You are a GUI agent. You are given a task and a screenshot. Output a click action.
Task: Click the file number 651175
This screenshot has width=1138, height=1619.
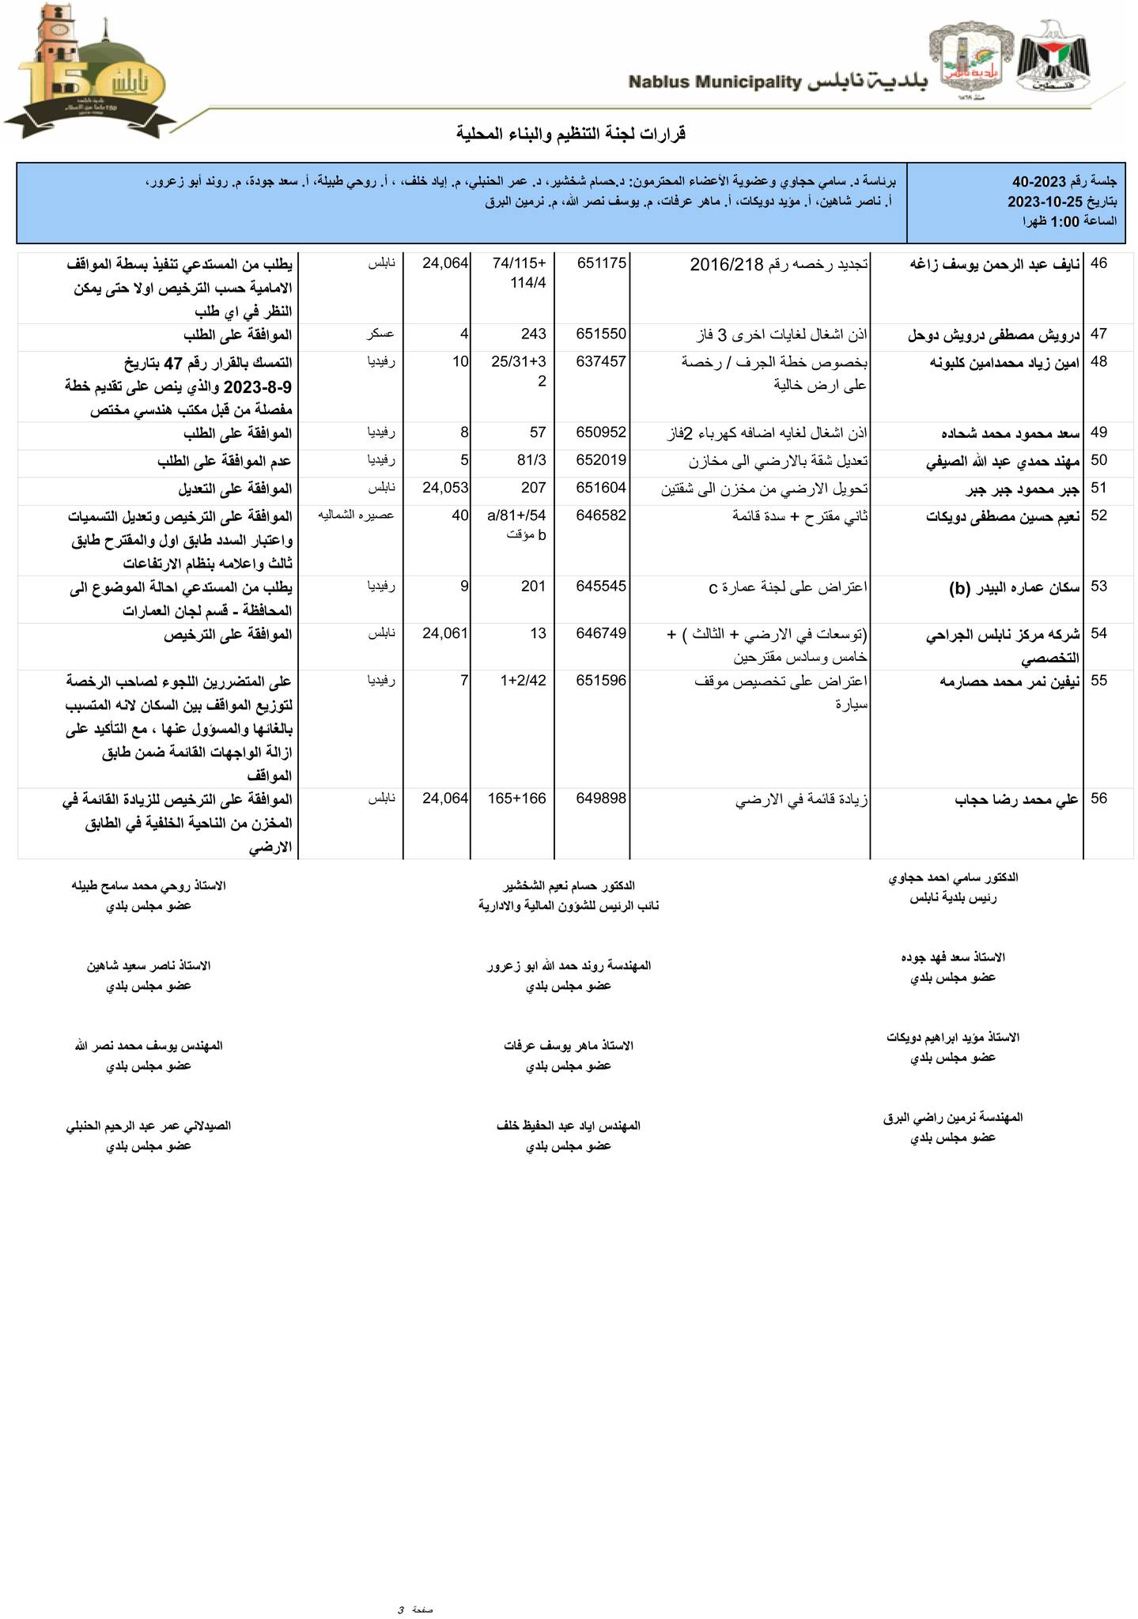(x=602, y=263)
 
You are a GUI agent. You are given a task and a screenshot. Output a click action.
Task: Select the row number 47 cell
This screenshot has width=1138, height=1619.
(x=1099, y=334)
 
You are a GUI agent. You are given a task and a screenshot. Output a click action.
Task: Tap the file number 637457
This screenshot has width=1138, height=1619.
(x=602, y=362)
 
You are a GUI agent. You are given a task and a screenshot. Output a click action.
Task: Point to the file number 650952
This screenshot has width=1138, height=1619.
(x=602, y=432)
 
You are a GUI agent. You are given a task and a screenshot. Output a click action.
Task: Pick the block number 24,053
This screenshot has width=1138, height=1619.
(x=446, y=488)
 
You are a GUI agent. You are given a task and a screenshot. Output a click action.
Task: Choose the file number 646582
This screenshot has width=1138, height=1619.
(x=602, y=515)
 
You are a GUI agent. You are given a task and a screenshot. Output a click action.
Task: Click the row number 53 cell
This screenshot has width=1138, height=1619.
(x=1099, y=587)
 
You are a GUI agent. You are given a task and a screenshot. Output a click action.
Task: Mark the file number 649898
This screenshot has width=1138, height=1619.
(x=602, y=798)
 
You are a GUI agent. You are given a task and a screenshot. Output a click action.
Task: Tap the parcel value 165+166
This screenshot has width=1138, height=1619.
(x=517, y=798)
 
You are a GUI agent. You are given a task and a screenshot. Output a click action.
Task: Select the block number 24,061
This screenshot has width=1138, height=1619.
(x=446, y=633)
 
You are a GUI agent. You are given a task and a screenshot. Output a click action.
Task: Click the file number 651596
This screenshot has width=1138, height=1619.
(x=602, y=680)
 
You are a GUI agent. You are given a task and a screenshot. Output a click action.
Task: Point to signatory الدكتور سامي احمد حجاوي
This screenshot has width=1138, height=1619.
(x=953, y=878)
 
